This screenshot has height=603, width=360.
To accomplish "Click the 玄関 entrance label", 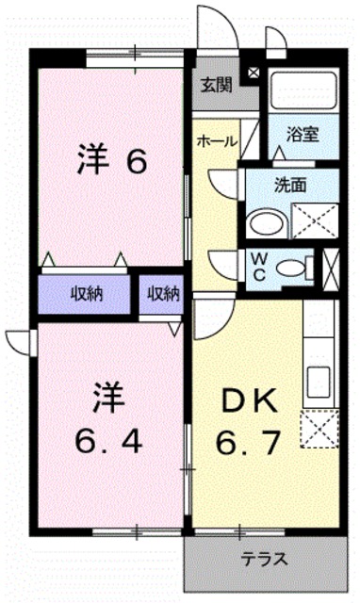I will [216, 84].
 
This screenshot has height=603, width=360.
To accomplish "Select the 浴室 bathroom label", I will [303, 134].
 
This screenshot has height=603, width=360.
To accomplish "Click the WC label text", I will [257, 265].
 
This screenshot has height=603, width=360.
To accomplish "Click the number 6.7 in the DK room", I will [249, 440].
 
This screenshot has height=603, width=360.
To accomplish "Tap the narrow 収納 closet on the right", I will [163, 292].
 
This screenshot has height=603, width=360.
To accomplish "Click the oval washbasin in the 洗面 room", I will [265, 223].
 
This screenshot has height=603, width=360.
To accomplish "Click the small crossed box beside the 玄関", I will [253, 73].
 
